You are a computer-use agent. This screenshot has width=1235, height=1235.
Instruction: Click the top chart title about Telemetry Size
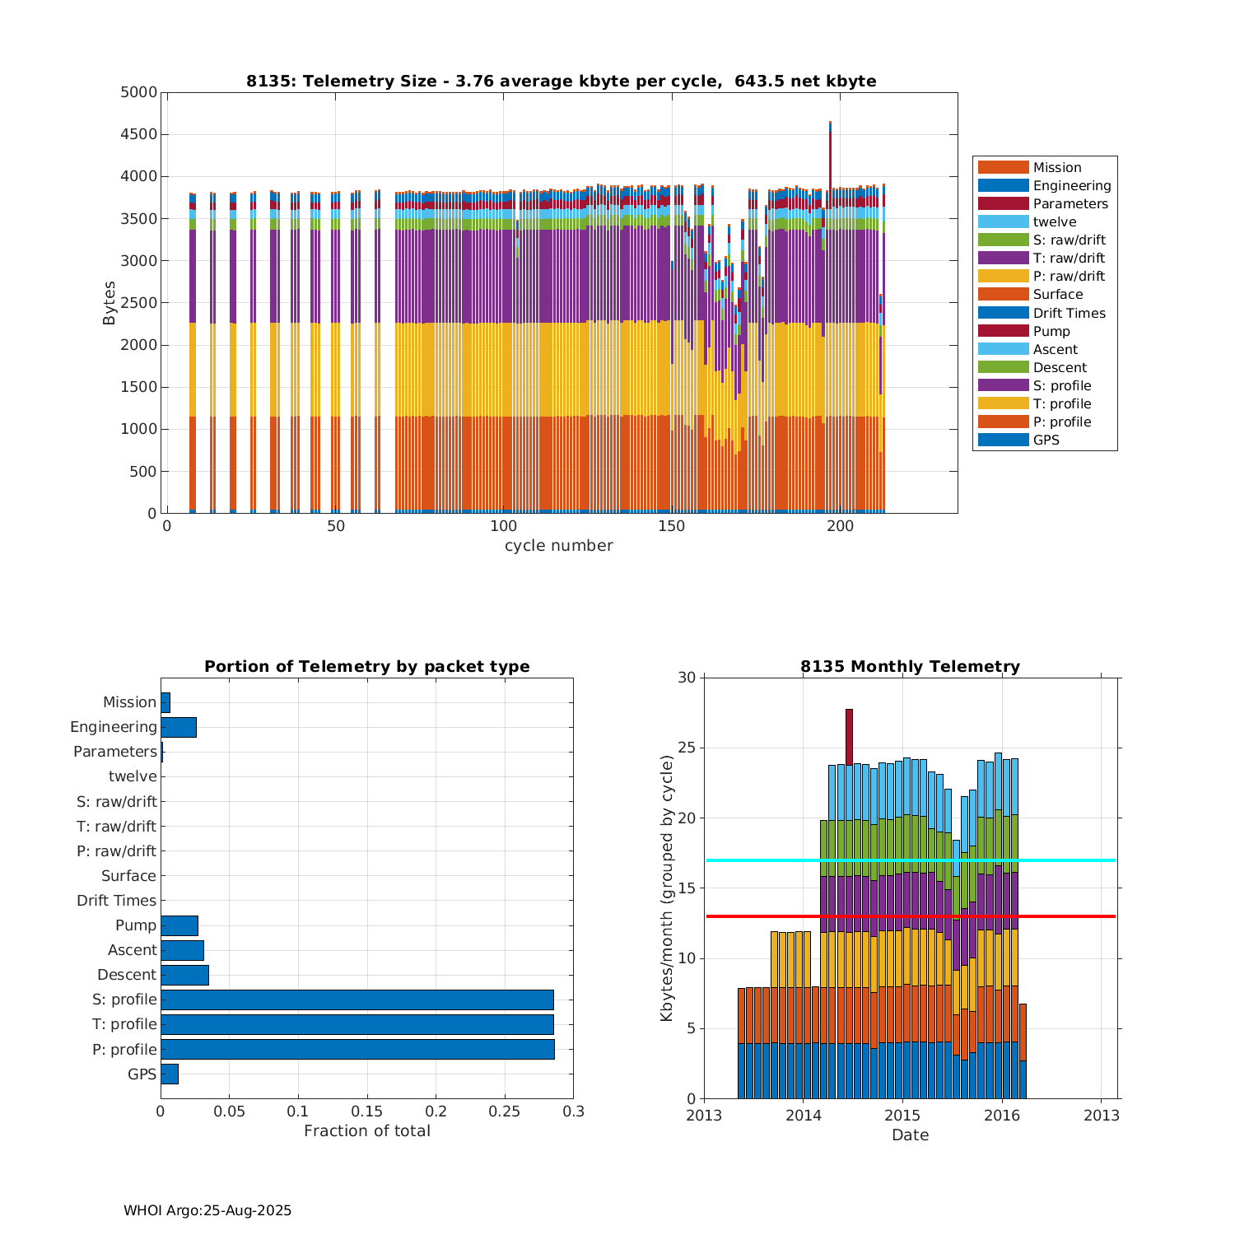click(x=561, y=81)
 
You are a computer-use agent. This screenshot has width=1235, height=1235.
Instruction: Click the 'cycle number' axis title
click(x=558, y=546)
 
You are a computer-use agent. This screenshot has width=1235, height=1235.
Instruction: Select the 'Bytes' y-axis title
click(x=110, y=303)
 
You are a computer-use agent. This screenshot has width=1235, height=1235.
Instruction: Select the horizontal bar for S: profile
click(x=357, y=1000)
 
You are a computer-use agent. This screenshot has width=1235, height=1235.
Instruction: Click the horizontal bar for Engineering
click(x=179, y=727)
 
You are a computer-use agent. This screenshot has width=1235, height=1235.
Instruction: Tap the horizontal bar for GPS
click(x=170, y=1074)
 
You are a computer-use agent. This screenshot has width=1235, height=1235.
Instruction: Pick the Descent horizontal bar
click(x=184, y=975)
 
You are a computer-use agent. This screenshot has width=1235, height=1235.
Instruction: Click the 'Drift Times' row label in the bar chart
click(x=116, y=901)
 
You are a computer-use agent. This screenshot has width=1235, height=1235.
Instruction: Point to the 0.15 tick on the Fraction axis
click(x=367, y=1111)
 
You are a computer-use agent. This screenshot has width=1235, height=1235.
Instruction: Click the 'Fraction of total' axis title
click(x=366, y=1131)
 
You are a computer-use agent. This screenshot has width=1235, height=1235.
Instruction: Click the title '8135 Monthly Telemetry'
click(x=910, y=666)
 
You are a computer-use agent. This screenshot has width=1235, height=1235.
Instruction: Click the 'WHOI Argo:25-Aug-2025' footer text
click(x=207, y=1210)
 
